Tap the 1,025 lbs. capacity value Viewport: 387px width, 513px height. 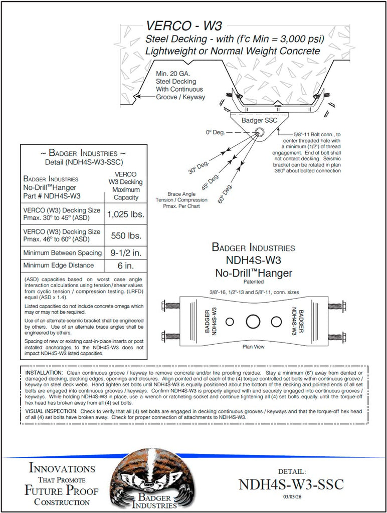coord(126,214)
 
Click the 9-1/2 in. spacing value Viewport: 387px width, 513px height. coord(126,252)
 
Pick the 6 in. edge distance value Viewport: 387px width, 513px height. coord(126,266)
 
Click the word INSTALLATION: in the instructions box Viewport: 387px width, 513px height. coord(45,373)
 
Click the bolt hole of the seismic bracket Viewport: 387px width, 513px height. coord(260,132)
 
